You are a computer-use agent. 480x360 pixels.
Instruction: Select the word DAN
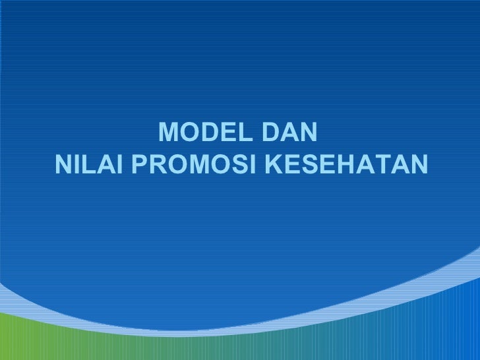pos(289,134)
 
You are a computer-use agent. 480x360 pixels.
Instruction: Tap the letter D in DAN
pos(270,134)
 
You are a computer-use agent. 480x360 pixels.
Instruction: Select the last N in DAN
pos(309,134)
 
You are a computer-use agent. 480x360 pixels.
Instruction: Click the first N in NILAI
pos(64,164)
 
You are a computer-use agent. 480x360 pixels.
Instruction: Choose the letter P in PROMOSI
pos(140,164)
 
